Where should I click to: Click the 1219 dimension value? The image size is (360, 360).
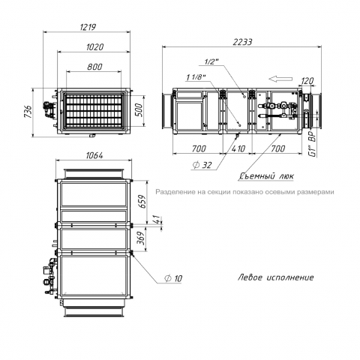click(88, 27)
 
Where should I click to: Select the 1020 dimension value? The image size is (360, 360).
click(94, 47)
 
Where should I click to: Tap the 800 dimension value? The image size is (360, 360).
click(94, 67)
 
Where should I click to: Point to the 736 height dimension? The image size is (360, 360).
click(28, 112)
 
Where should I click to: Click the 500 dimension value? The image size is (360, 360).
click(138, 109)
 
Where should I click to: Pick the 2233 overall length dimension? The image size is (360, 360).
click(242, 42)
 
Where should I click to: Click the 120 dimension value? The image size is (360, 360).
click(307, 81)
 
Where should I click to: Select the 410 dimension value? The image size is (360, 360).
click(238, 148)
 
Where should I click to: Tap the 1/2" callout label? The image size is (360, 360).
click(211, 61)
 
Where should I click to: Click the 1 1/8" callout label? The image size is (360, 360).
click(196, 77)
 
